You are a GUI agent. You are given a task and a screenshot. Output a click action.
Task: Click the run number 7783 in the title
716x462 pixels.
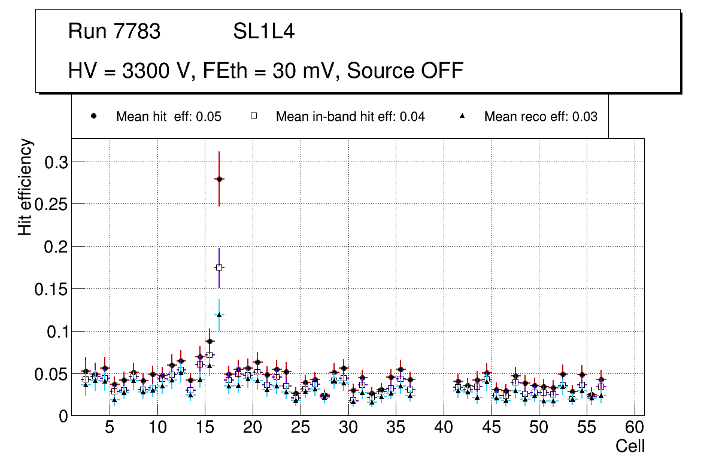pyautogui.click(x=137, y=32)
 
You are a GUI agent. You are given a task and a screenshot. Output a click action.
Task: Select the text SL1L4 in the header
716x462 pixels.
pyautogui.click(x=264, y=32)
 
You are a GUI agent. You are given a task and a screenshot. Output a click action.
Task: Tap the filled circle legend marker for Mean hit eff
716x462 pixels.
pyautogui.click(x=94, y=117)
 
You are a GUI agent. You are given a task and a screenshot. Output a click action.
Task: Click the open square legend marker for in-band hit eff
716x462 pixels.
pyautogui.click(x=253, y=117)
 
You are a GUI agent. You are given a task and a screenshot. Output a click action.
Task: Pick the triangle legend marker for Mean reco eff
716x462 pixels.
pyautogui.click(x=462, y=117)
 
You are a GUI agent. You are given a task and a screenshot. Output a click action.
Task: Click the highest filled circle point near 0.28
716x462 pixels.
pyautogui.click(x=219, y=179)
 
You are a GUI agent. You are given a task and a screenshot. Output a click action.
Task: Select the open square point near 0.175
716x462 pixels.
pyautogui.click(x=219, y=268)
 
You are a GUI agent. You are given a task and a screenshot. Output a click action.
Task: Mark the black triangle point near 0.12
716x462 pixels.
pyautogui.click(x=219, y=315)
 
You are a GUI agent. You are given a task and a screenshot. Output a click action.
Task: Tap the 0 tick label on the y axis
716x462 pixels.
pyautogui.click(x=63, y=417)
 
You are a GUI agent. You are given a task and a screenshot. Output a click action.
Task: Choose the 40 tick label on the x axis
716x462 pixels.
pyautogui.click(x=444, y=428)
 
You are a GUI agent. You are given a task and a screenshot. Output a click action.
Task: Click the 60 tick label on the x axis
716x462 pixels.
pyautogui.click(x=635, y=428)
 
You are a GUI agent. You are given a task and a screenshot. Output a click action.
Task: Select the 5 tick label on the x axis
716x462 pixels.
pyautogui.click(x=110, y=428)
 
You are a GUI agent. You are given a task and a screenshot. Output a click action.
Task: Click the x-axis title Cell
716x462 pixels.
pyautogui.click(x=630, y=446)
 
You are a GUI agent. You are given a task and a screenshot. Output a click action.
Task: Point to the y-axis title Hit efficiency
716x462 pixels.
pyautogui.click(x=25, y=187)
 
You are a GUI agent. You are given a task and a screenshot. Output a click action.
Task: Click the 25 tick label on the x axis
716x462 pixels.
pyautogui.click(x=301, y=428)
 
